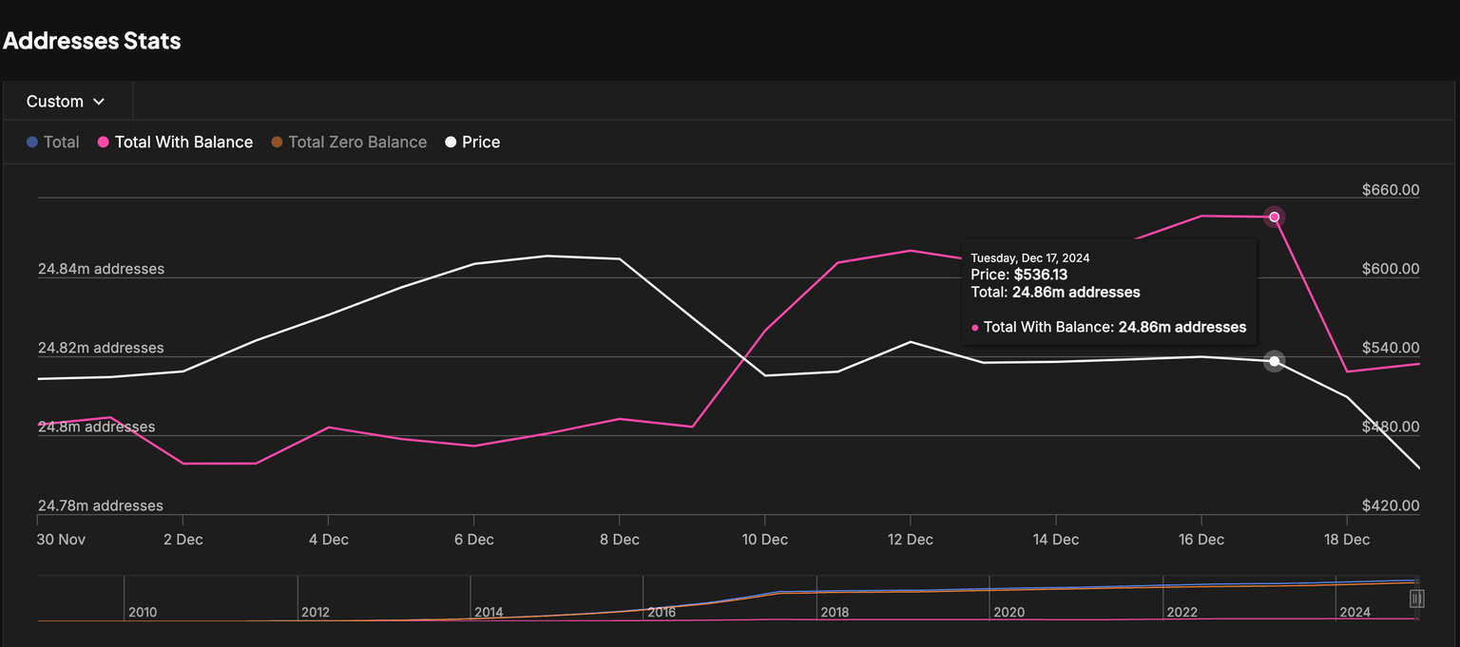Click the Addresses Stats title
(x=92, y=41)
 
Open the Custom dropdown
(x=66, y=102)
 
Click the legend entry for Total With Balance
(x=183, y=143)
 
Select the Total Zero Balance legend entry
(x=356, y=143)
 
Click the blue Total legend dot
(x=32, y=143)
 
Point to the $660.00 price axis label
(x=1390, y=190)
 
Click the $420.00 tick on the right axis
(x=1390, y=505)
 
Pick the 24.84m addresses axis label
(x=101, y=269)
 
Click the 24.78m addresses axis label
(x=101, y=505)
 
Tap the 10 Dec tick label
(x=764, y=540)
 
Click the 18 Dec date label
(x=1346, y=540)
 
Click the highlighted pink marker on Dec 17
(x=1275, y=217)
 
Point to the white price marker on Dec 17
(x=1275, y=361)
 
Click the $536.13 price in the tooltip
(x=1041, y=275)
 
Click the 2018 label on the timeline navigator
(x=835, y=613)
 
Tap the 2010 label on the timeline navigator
(x=143, y=613)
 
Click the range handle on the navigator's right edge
(x=1416, y=599)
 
